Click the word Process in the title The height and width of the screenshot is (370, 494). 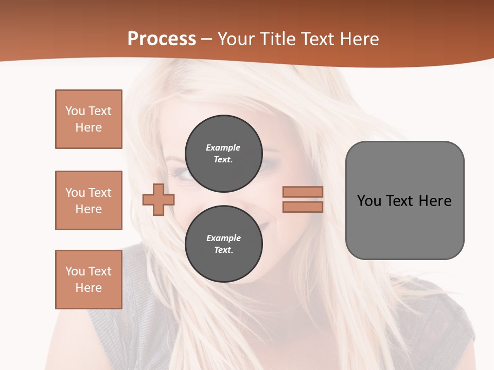pyautogui.click(x=162, y=39)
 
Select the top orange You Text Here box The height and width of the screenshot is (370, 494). pyautogui.click(x=89, y=119)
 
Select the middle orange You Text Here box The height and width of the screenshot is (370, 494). pyautogui.click(x=89, y=200)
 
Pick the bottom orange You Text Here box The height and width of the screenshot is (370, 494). pyautogui.click(x=89, y=279)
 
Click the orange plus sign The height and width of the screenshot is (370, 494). pyautogui.click(x=158, y=199)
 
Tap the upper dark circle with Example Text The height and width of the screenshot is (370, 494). pyautogui.click(x=223, y=153)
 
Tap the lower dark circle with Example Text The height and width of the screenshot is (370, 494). pyautogui.click(x=223, y=244)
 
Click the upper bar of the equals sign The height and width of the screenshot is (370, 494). pyautogui.click(x=303, y=192)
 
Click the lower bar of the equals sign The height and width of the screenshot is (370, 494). pyautogui.click(x=303, y=207)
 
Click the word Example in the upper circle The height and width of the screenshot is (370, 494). pyautogui.click(x=223, y=147)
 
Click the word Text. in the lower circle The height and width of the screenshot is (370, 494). pyautogui.click(x=223, y=250)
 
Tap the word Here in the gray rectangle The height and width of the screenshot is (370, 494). pyautogui.click(x=435, y=201)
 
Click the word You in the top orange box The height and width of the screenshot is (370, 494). pyautogui.click(x=75, y=111)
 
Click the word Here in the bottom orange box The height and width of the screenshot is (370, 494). pyautogui.click(x=89, y=288)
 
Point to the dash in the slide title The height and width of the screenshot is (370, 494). pyautogui.click(x=206, y=39)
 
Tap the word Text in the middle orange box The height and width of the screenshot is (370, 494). pyautogui.click(x=99, y=193)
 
